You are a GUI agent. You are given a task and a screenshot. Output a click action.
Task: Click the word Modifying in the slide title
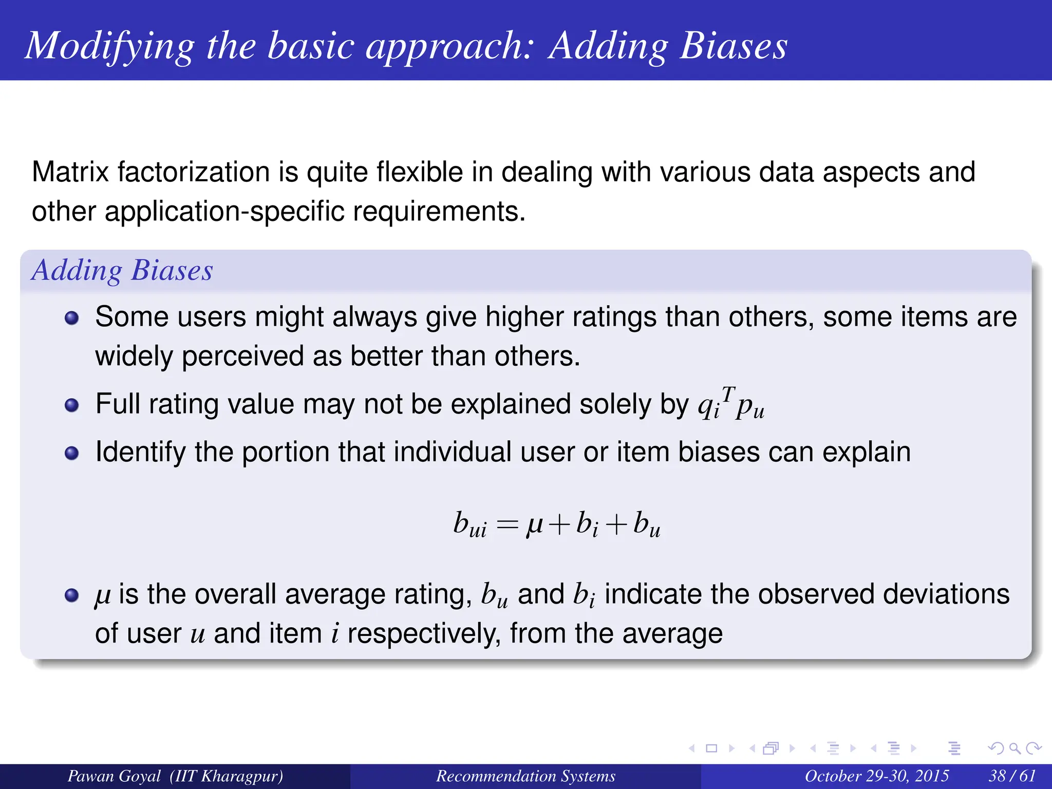(x=109, y=46)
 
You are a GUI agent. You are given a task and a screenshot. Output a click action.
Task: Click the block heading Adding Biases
(x=122, y=270)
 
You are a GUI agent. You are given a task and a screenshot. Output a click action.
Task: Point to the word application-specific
(x=224, y=212)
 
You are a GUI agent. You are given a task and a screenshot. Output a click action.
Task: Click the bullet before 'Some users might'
(x=72, y=318)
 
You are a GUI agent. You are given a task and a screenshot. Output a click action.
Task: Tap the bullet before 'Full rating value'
(x=72, y=405)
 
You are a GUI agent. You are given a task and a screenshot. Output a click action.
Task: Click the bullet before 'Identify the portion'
(x=72, y=453)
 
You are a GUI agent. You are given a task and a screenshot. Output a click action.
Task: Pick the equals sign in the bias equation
(x=508, y=525)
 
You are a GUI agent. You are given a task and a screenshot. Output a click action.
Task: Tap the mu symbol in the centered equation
(x=535, y=525)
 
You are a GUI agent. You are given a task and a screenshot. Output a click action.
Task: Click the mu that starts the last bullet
(x=103, y=596)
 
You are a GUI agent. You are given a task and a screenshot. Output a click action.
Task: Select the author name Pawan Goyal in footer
(x=114, y=776)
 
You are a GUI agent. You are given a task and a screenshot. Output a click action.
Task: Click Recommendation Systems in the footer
(x=525, y=776)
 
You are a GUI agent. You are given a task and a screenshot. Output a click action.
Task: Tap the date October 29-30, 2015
(x=876, y=776)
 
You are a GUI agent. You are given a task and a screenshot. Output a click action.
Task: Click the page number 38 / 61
(x=1011, y=776)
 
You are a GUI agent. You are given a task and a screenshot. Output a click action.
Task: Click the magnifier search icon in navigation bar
(x=1015, y=748)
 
